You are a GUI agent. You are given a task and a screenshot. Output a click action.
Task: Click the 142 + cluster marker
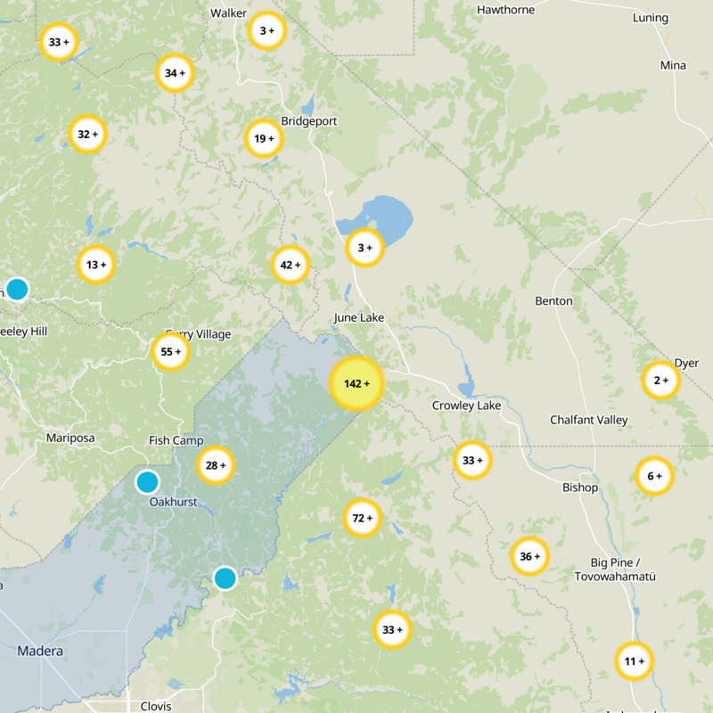point(356,384)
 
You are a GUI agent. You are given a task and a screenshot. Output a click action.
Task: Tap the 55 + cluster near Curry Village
point(170,352)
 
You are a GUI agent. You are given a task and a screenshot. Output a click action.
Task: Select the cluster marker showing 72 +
point(362,518)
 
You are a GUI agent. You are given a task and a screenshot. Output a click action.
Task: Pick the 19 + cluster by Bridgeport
point(264,138)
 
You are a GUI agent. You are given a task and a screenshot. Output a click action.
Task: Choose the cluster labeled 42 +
point(291,265)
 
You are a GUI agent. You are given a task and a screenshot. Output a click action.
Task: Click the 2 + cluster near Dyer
point(660,381)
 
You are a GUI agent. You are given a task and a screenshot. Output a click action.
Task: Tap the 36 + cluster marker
point(529,557)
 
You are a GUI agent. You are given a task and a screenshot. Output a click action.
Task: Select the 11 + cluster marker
point(635,661)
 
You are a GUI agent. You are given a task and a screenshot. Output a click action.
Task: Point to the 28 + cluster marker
point(216,465)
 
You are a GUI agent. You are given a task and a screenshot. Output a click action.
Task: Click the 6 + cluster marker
point(654,476)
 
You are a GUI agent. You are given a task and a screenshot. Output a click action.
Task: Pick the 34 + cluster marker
point(175,73)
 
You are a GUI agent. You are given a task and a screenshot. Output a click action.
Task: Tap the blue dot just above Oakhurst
point(147,482)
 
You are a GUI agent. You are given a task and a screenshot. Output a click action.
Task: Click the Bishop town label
point(580,488)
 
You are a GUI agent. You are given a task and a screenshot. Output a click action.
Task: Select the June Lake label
point(357,317)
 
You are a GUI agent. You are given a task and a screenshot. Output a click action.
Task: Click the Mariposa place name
point(70,438)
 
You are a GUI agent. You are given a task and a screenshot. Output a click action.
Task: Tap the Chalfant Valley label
point(588,420)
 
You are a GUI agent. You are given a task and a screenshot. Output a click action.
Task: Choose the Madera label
point(40,652)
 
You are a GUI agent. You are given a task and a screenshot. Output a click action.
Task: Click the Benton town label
point(553,300)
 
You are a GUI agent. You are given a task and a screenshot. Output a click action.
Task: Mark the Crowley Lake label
point(467,406)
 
